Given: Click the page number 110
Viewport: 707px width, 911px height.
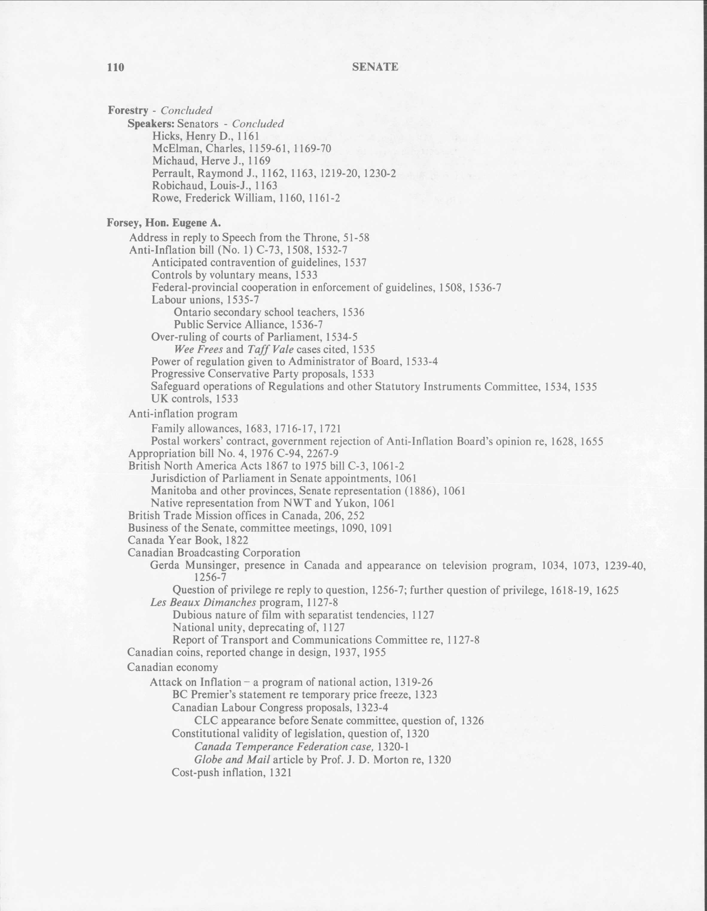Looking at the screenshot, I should [x=115, y=67].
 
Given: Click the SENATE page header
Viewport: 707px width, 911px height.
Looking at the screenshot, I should [x=375, y=67].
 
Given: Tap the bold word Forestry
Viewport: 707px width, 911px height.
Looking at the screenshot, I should [x=128, y=110].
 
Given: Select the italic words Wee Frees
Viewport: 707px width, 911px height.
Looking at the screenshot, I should [x=198, y=349].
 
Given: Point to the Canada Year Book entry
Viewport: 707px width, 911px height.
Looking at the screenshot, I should [x=188, y=540].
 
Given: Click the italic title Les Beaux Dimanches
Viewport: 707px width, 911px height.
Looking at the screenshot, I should [x=203, y=603].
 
